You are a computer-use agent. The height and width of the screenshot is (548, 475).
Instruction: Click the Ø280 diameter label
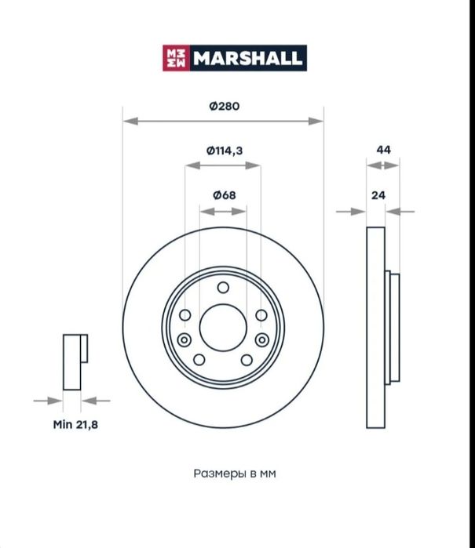pos(225,106)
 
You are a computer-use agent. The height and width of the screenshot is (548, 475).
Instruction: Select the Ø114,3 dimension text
pos(225,151)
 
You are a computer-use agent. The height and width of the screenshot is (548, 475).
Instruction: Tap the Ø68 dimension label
pos(225,195)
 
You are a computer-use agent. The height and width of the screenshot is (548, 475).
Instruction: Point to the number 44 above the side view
pos(383,150)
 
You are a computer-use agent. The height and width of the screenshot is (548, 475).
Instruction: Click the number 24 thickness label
pos(378,195)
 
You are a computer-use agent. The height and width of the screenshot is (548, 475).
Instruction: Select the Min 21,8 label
pos(75,425)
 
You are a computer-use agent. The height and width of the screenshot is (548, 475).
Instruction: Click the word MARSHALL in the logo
pos(248,58)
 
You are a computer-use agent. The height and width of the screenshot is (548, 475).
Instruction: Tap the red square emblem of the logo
pos(176,58)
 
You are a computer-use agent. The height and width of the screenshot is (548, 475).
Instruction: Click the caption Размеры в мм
pos(235,474)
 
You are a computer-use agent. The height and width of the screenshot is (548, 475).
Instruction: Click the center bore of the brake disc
pos(223,328)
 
